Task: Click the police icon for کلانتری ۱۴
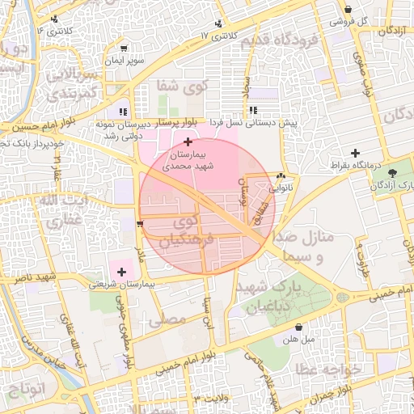[54, 19]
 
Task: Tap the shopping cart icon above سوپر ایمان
[123, 49]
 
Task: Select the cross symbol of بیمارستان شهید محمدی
[188, 142]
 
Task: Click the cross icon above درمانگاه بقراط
[355, 152]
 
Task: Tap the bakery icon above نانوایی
[281, 176]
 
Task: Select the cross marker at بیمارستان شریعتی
[122, 272]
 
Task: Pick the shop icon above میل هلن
[301, 327]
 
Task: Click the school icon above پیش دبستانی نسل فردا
[253, 110]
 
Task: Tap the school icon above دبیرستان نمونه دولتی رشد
[123, 112]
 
